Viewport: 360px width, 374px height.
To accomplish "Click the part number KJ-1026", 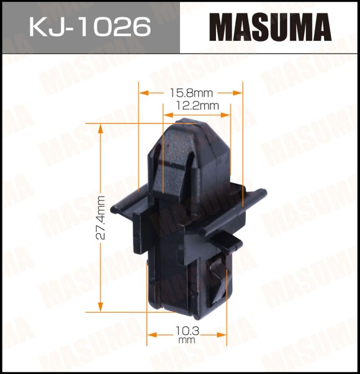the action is pyautogui.click(x=90, y=27).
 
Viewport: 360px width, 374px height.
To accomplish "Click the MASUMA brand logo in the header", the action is pyautogui.click(x=271, y=27).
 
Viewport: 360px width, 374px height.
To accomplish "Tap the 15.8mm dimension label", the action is pyautogui.click(x=191, y=93).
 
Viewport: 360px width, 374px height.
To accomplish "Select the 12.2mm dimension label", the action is pyautogui.click(x=197, y=105).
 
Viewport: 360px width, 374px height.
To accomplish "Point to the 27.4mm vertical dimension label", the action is pyautogui.click(x=101, y=217).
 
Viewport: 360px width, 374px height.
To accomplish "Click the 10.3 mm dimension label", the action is pyautogui.click(x=187, y=334).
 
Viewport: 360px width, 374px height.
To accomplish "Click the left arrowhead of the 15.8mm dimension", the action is pyautogui.click(x=144, y=93).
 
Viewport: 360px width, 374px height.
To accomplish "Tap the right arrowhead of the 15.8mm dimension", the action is pyautogui.click(x=238, y=93).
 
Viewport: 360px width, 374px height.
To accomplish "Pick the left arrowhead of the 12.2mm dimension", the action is pyautogui.click(x=168, y=115).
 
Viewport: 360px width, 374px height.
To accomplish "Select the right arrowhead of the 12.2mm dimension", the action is pyautogui.click(x=225, y=115).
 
